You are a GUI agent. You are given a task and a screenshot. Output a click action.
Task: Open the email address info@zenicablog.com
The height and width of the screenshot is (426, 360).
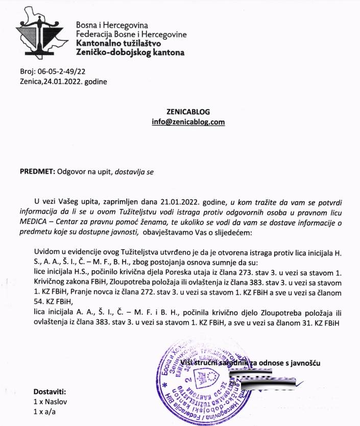(188, 122)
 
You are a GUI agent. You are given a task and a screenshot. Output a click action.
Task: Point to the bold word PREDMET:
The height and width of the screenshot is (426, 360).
(37, 172)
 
